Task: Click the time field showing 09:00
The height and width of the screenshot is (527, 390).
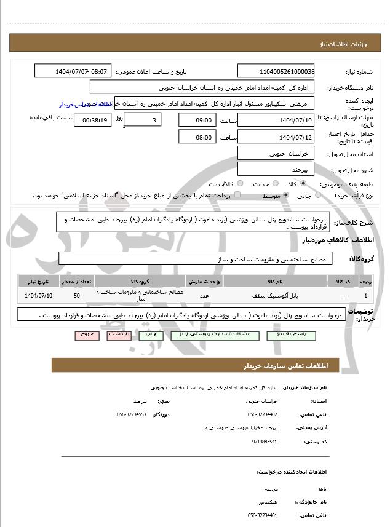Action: [197, 120]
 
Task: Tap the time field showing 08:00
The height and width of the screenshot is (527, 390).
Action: [197, 137]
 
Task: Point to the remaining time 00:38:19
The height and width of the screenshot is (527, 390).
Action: [92, 120]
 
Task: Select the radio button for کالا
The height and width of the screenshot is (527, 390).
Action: [303, 184]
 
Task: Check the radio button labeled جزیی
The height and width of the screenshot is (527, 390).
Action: [318, 195]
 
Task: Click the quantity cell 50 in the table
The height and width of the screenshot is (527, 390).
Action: [76, 296]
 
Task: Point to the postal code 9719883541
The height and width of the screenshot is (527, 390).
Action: [265, 442]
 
